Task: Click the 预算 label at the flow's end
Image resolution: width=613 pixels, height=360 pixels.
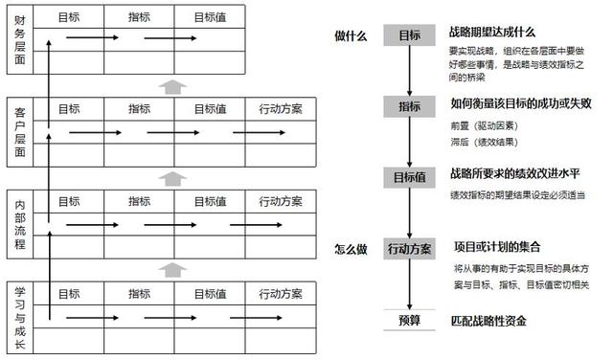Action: (x=409, y=320)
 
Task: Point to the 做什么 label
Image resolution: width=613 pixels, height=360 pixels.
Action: (x=351, y=35)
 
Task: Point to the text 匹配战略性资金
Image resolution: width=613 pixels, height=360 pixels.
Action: (x=488, y=320)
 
